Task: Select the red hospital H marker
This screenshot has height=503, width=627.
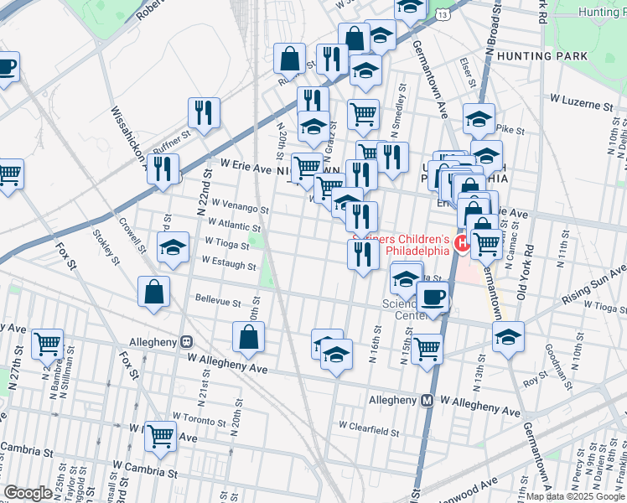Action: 460,244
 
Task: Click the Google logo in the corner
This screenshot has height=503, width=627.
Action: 28,493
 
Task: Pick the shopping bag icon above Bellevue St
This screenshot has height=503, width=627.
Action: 155,292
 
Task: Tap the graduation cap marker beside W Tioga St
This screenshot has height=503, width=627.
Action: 173,248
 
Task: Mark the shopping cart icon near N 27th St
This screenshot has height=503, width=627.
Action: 47,343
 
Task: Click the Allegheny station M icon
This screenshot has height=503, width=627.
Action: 427,402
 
